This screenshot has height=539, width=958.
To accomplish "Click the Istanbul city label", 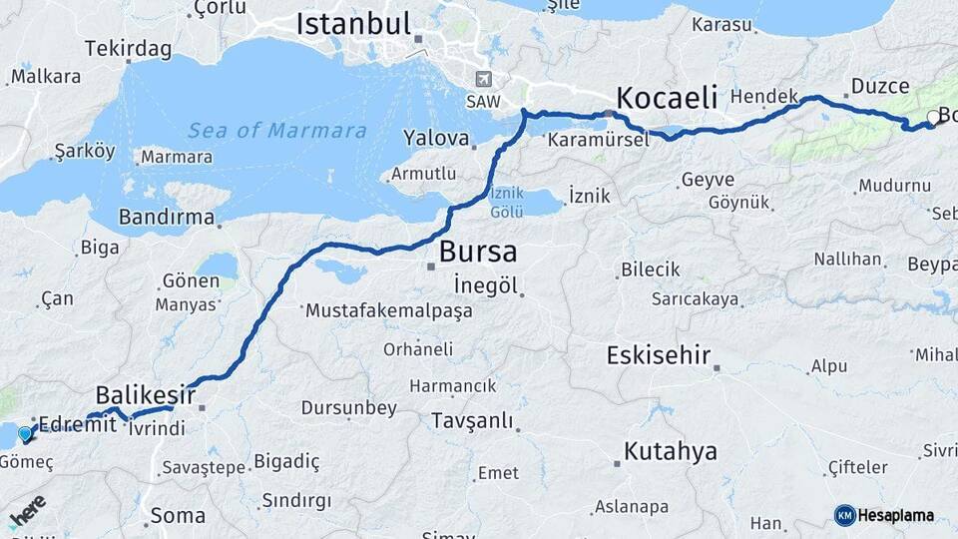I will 353,24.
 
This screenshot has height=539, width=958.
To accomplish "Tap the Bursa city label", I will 478,250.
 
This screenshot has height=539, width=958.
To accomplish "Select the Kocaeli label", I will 668,98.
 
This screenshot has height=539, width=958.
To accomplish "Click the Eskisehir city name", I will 659,355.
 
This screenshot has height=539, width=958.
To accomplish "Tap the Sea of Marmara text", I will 277,131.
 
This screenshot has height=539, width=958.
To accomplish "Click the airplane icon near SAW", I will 485,79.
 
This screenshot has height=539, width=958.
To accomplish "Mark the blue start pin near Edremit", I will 25,434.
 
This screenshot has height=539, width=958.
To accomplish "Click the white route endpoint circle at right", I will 933,118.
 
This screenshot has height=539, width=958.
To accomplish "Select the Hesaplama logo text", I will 896,516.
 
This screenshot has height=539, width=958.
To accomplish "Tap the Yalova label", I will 436,138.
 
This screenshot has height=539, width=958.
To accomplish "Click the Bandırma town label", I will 166,217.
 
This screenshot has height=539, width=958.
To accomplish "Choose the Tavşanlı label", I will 472,421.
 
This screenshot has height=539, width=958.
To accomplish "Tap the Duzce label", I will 880,86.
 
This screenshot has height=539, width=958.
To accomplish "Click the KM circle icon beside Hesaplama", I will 844,515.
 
